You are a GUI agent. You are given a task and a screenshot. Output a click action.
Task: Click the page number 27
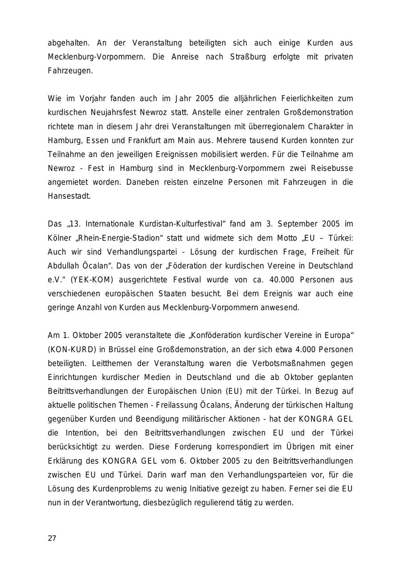pos(52,538)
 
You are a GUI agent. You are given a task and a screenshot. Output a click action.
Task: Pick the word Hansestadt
pos(69,196)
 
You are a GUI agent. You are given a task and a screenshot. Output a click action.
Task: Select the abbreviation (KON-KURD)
pos(72,349)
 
